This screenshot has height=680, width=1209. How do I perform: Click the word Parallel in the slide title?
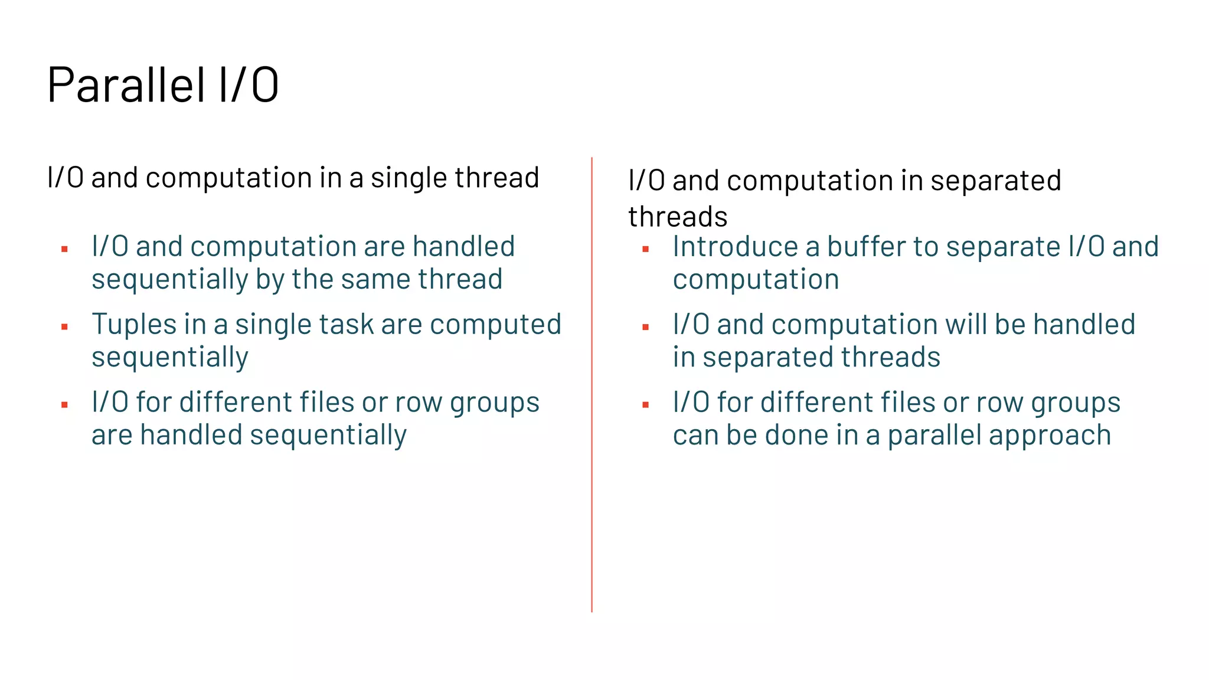click(126, 86)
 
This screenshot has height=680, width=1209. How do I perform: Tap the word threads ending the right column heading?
click(678, 217)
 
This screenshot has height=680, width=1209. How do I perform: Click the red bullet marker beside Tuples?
click(64, 327)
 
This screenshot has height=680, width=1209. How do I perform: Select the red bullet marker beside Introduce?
click(645, 250)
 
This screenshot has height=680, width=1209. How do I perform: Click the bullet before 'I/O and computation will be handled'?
click(645, 327)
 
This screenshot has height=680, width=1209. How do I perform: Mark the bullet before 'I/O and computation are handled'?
click(64, 250)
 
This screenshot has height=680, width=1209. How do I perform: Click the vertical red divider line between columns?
click(592, 384)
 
